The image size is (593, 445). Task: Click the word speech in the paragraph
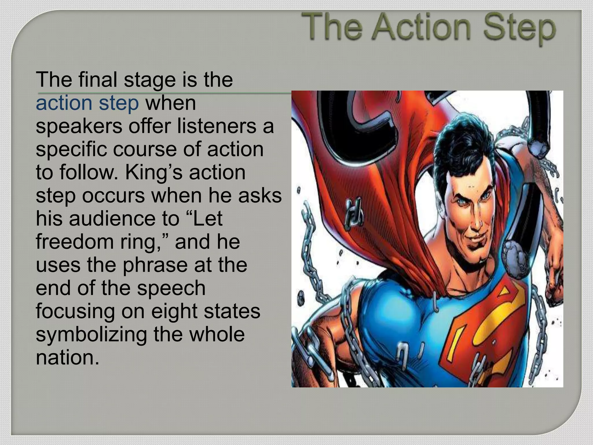point(171,289)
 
